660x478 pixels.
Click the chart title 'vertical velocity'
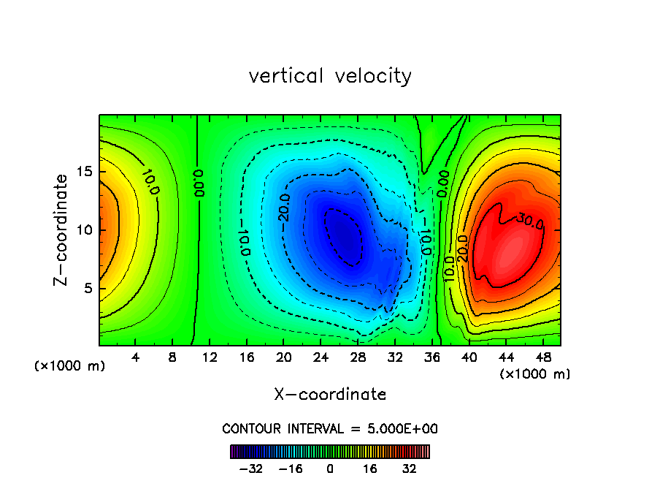click(330, 76)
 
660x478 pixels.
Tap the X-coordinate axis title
click(330, 395)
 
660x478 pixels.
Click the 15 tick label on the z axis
click(85, 172)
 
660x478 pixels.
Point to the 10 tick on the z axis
click(85, 229)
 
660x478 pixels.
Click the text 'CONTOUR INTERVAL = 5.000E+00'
click(330, 428)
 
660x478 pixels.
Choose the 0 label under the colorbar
click(330, 468)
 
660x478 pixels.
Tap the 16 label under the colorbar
click(370, 468)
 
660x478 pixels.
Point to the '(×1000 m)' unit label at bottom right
click(535, 374)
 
